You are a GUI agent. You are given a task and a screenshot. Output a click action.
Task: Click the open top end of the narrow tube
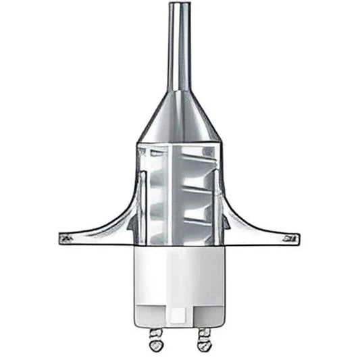tap(180, 5)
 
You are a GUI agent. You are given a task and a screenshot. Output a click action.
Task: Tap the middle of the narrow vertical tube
tap(180, 47)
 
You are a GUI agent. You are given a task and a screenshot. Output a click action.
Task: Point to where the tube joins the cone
tap(180, 91)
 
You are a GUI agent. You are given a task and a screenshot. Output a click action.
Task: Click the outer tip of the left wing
tap(63, 237)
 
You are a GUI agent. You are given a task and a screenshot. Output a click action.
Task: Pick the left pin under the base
tap(156, 338)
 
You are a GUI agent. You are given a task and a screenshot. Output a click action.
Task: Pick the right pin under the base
tap(203, 338)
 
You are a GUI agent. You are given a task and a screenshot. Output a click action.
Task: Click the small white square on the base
tap(180, 315)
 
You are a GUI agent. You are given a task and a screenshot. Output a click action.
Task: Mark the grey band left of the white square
tap(152, 315)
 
